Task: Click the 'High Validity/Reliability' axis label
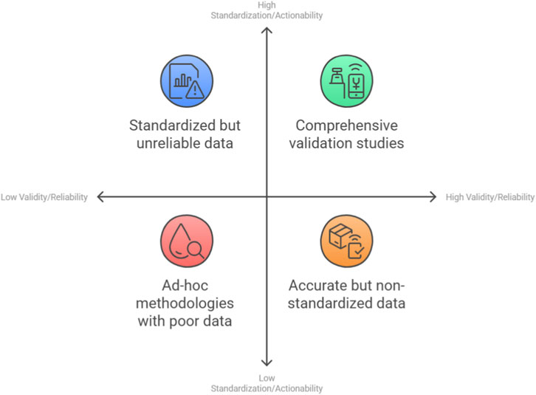[489, 197]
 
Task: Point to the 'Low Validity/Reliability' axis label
[44, 197]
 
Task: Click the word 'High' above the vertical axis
[267, 4]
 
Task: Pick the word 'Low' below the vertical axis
[267, 378]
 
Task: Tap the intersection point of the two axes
[267, 196]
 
